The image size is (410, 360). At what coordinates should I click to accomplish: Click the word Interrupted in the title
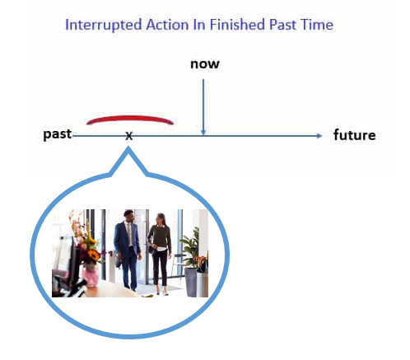(104, 26)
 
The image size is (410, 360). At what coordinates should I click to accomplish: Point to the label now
(205, 64)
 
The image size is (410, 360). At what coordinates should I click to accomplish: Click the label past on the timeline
(58, 134)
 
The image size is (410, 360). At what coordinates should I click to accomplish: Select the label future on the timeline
(354, 134)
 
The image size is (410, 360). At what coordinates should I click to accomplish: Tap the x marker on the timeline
(129, 136)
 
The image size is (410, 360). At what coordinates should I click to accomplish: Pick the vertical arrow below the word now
(203, 107)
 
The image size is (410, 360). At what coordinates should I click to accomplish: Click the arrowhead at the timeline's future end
(319, 136)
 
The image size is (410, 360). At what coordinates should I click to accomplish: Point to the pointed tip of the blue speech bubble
(128, 147)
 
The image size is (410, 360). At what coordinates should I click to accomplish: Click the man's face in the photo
(129, 217)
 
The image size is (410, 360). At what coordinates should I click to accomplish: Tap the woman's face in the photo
(160, 219)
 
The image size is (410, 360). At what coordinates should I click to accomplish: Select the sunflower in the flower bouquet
(94, 255)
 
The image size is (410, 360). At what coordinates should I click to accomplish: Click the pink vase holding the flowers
(91, 274)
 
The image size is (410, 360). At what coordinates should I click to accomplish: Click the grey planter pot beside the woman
(191, 283)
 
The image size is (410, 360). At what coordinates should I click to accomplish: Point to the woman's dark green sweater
(160, 237)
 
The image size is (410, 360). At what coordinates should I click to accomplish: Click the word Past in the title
(282, 25)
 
